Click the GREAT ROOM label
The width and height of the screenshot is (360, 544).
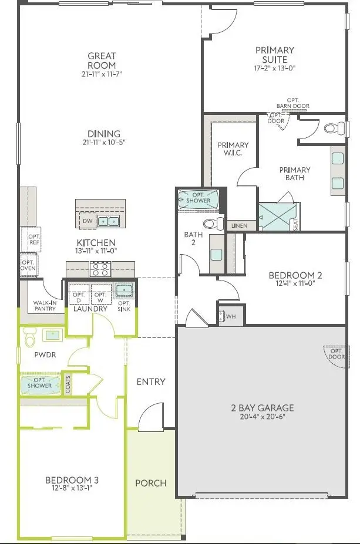tap(102, 61)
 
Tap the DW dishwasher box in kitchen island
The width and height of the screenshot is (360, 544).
tap(87, 221)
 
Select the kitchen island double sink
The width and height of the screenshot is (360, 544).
tap(107, 221)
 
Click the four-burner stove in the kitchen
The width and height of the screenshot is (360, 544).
tap(99, 269)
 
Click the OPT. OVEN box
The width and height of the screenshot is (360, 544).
tap(28, 265)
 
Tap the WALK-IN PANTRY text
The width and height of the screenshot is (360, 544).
tap(45, 305)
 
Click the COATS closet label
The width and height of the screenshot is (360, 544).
tap(68, 385)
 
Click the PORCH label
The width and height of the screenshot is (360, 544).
tap(150, 483)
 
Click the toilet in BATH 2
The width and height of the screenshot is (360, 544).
tap(214, 224)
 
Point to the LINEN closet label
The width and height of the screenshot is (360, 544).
tap(239, 225)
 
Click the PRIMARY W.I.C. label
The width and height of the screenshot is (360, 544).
tap(233, 149)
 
